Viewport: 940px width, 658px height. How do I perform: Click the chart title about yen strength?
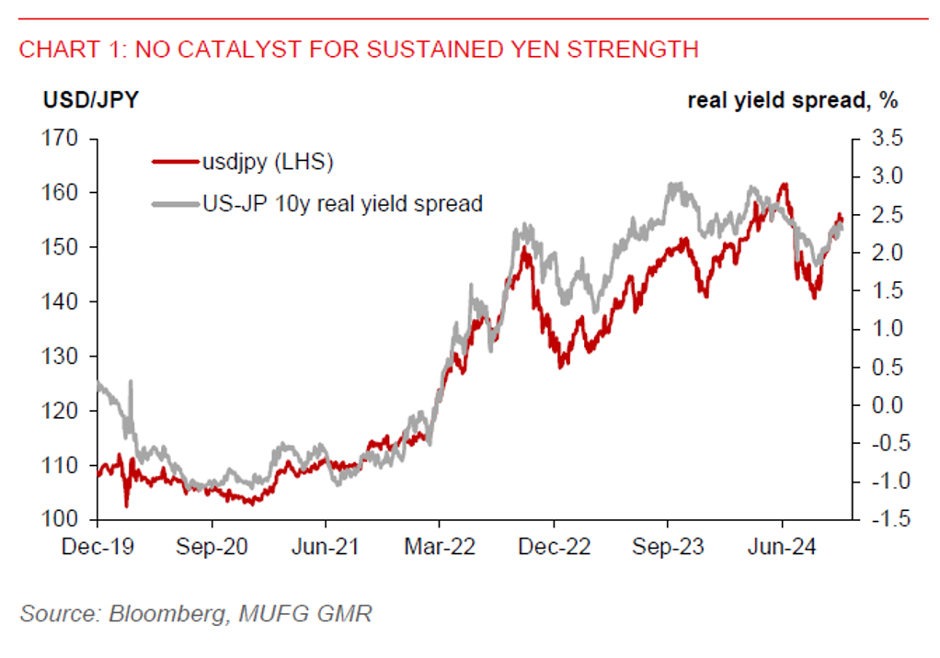click(x=359, y=50)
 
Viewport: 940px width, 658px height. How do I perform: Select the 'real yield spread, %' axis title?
click(x=792, y=100)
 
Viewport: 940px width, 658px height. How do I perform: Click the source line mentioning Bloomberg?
click(x=196, y=614)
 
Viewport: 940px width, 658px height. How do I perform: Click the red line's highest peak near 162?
click(x=784, y=185)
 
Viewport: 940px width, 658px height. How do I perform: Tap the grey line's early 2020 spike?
click(x=131, y=381)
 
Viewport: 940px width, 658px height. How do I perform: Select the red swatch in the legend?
click(x=175, y=163)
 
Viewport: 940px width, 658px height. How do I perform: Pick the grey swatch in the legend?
click(x=175, y=203)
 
